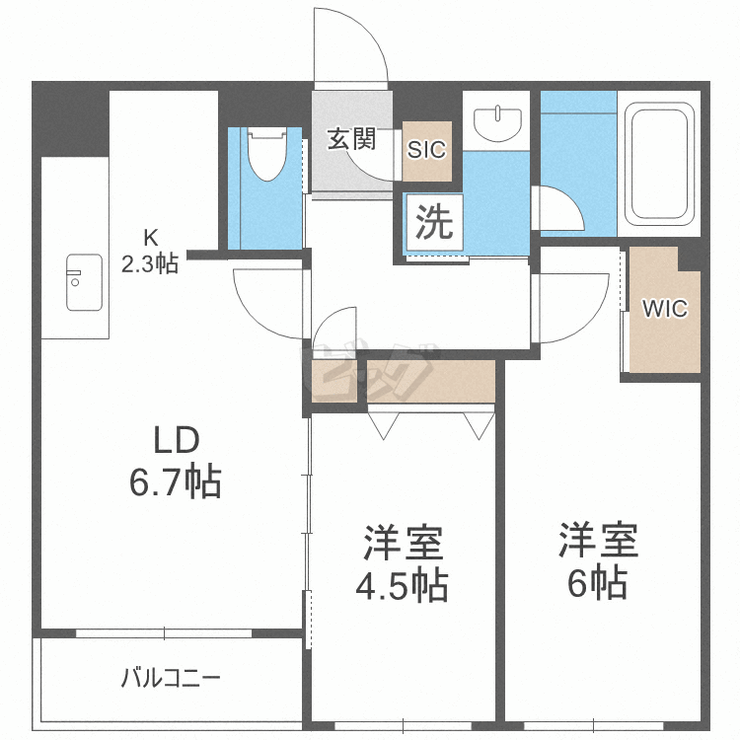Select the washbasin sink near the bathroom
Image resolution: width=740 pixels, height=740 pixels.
pos(495,124)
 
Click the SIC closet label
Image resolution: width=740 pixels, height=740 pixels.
pos(427,151)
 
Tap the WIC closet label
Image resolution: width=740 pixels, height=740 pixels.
pos(664,308)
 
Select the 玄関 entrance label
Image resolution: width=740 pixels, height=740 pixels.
pos(352,139)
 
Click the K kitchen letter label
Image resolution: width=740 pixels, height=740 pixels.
pos(151,237)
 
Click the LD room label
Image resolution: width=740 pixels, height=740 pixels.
pos(175,439)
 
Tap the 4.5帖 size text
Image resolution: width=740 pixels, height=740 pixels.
pos(402,586)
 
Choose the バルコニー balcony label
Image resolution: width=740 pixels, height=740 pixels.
pos(171,679)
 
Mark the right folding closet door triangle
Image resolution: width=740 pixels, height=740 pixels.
pos(479,425)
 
